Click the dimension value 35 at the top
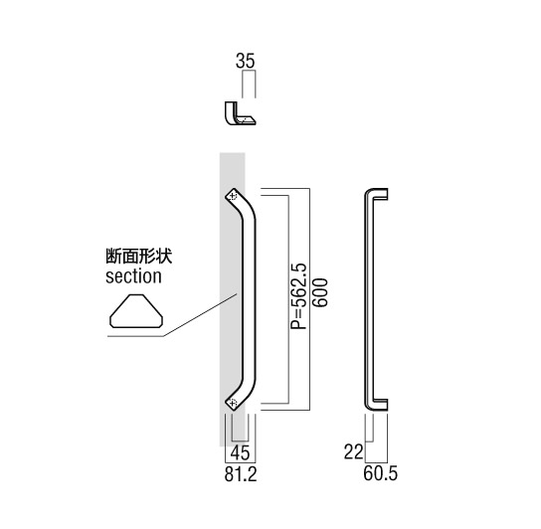coord(246,61)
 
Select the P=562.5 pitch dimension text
coord(298,296)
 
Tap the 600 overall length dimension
coord(320,292)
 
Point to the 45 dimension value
coord(240,452)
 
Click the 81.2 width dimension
coord(241,474)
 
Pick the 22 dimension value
coord(354,451)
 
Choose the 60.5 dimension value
coord(380,473)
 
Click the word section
coord(133,276)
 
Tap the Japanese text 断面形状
coord(138,257)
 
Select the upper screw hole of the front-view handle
coord(233,196)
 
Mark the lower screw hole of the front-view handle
coord(234,402)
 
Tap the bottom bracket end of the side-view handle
coord(379,405)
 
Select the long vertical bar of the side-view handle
coord(369,299)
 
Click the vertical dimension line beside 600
coord(309,299)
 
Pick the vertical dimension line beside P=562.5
coord(288,299)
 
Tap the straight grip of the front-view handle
coord(249,299)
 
